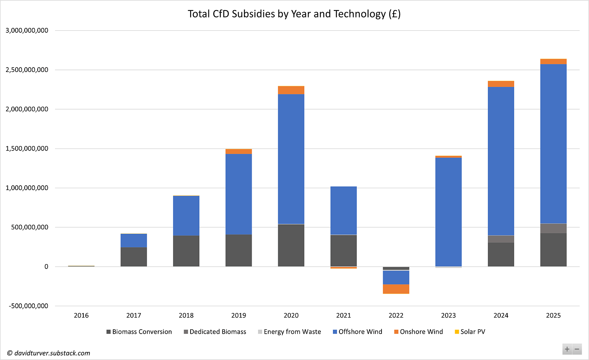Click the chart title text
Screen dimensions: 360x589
coord(294,14)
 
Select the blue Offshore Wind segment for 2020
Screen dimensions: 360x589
coord(291,159)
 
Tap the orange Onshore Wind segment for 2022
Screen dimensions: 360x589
coord(396,289)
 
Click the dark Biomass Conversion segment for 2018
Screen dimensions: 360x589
coord(186,251)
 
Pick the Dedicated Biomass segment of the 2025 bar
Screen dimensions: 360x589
coord(553,228)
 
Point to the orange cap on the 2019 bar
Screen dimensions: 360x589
coord(239,152)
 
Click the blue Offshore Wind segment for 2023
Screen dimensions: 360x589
coord(448,212)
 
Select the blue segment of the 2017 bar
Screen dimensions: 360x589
coord(133,241)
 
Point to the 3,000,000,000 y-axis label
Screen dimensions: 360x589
coord(27,30)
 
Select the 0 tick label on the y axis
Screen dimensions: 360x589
coord(46,267)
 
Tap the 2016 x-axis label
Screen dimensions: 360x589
coord(81,316)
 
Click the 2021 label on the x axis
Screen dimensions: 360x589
coord(343,316)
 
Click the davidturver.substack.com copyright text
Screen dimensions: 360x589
coord(49,353)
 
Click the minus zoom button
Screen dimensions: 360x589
coord(577,349)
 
